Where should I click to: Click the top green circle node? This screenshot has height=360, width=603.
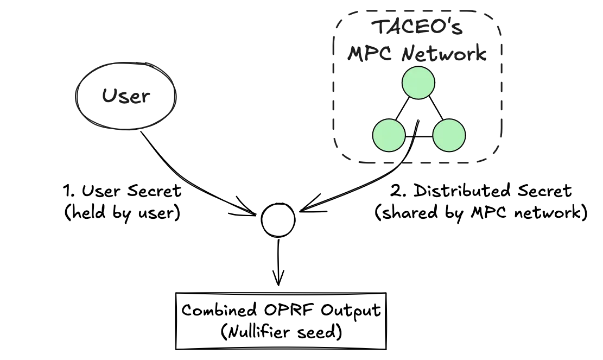418,83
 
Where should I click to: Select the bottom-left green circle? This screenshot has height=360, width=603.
389,135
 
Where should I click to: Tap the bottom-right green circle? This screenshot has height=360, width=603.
449,135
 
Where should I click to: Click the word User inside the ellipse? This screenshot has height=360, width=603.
125,97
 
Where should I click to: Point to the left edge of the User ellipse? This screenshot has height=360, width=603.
75,96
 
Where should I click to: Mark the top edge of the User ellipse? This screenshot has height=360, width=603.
126,62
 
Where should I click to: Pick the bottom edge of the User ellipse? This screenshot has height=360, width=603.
126,129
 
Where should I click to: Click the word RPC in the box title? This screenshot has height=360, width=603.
363,53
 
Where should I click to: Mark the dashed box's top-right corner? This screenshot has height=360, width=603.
496,16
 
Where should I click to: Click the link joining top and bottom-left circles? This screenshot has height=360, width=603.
403,109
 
